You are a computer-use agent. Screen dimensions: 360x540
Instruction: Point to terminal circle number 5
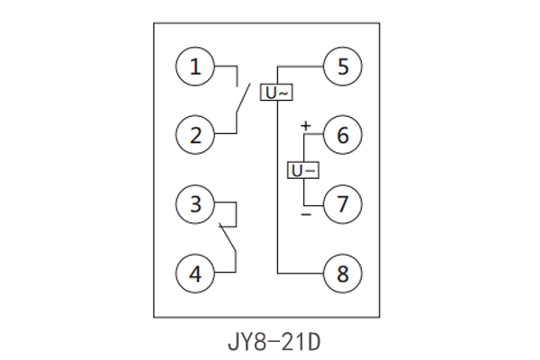[x=342, y=67]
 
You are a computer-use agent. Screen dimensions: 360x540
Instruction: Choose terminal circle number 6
[x=342, y=136]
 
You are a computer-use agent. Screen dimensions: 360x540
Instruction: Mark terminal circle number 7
[x=342, y=204]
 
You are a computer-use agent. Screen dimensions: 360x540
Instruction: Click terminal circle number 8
[x=342, y=272]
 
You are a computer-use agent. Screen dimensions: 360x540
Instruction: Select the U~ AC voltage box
[x=276, y=92]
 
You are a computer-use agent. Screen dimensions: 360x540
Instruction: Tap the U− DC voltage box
[x=303, y=170]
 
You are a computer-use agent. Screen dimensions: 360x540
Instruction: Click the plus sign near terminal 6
[x=305, y=126]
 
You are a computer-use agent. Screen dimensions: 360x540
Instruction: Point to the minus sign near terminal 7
[x=305, y=215]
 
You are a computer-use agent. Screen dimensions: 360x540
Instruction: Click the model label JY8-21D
[x=270, y=342]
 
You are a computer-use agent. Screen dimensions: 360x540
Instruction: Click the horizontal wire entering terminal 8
[x=301, y=272]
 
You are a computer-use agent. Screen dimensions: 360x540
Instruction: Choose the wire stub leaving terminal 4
[x=227, y=270]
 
